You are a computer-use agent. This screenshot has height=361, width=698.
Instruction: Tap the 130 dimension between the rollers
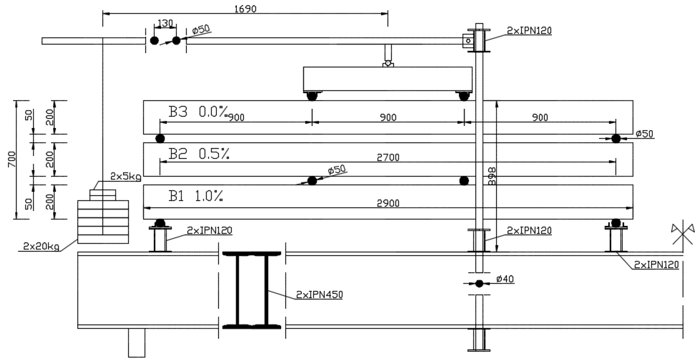click(165, 23)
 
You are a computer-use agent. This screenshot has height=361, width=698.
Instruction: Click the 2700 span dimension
click(388, 157)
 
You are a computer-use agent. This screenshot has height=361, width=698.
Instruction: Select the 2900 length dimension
click(388, 203)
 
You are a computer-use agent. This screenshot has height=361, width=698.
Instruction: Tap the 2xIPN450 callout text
click(319, 294)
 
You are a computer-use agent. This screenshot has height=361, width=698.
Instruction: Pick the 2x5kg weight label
click(126, 177)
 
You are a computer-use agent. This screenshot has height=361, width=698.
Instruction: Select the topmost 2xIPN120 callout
click(529, 31)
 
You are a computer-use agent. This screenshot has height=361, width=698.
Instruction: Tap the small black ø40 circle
click(479, 284)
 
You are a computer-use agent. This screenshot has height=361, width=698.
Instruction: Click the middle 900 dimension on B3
click(388, 117)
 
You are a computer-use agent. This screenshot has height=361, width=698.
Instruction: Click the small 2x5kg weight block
click(103, 195)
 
